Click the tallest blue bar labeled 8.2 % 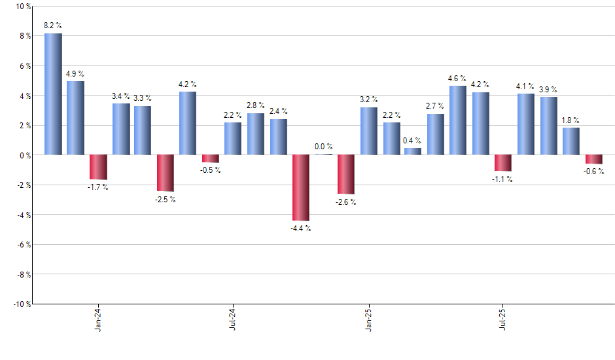point(53,94)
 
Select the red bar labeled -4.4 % point(301,188)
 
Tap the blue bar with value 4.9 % point(75,118)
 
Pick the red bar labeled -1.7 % point(98,167)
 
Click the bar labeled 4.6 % point(458,120)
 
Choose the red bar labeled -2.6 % point(346,174)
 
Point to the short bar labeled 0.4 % point(413,151)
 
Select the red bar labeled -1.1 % point(503,163)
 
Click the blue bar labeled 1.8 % point(571,141)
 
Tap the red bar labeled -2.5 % point(166,173)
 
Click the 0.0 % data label point(324,147)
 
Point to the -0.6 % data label point(594,172)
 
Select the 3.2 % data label point(369,99)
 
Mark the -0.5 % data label point(211,170)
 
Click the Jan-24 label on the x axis point(98,321)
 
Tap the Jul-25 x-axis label point(503,321)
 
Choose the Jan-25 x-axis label point(368,321)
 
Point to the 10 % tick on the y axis point(22,7)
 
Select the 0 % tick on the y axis point(24,155)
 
